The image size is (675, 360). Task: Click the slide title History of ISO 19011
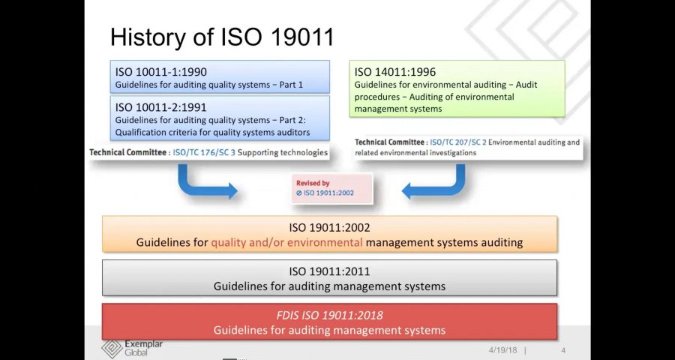point(222,37)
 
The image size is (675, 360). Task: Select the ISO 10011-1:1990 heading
point(160,72)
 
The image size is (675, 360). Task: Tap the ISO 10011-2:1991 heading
point(160,107)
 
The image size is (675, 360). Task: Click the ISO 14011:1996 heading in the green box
point(395,72)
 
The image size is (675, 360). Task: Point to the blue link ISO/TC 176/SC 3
point(205,152)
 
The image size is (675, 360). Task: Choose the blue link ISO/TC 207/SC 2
point(458,142)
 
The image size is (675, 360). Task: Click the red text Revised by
point(313,183)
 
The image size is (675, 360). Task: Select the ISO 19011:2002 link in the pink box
point(328,193)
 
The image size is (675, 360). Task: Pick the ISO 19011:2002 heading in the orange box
point(329,227)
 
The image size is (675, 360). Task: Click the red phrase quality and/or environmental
point(286,242)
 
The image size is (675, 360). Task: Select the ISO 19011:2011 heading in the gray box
point(329,271)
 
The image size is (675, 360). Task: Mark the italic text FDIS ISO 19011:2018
point(329,316)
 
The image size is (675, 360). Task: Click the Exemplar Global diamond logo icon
point(112,348)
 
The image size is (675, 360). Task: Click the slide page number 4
point(563,349)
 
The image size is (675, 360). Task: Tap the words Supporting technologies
point(283,152)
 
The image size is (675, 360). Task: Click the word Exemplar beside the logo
point(143,344)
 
